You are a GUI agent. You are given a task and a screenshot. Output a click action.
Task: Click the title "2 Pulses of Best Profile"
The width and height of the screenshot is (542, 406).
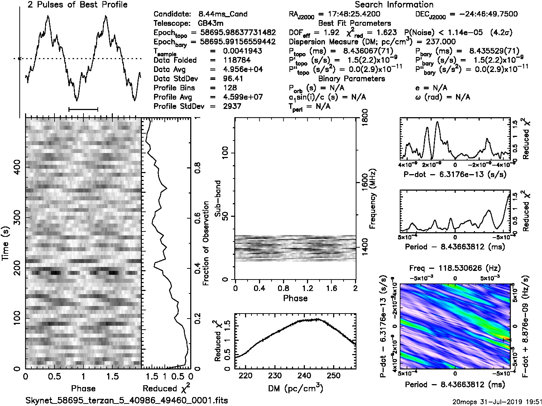77,5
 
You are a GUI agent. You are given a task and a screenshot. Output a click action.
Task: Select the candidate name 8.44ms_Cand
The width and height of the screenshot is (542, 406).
223,14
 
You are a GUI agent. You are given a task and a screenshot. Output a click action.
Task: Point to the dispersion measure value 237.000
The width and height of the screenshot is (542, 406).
437,42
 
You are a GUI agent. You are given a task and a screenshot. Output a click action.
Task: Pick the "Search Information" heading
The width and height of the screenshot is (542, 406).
394,5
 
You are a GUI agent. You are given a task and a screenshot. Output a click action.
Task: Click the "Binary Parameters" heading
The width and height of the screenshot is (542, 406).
351,78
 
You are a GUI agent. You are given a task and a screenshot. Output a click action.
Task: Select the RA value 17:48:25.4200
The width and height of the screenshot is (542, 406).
349,14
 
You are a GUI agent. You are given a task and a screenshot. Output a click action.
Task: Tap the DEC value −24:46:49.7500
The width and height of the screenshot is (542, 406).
483,14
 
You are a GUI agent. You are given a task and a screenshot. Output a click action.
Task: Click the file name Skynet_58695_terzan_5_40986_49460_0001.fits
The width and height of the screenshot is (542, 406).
127,400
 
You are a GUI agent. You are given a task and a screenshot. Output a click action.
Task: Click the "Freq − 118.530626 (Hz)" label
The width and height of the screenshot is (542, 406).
455,268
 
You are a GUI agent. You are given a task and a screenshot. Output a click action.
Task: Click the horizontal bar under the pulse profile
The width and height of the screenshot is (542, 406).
83,109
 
